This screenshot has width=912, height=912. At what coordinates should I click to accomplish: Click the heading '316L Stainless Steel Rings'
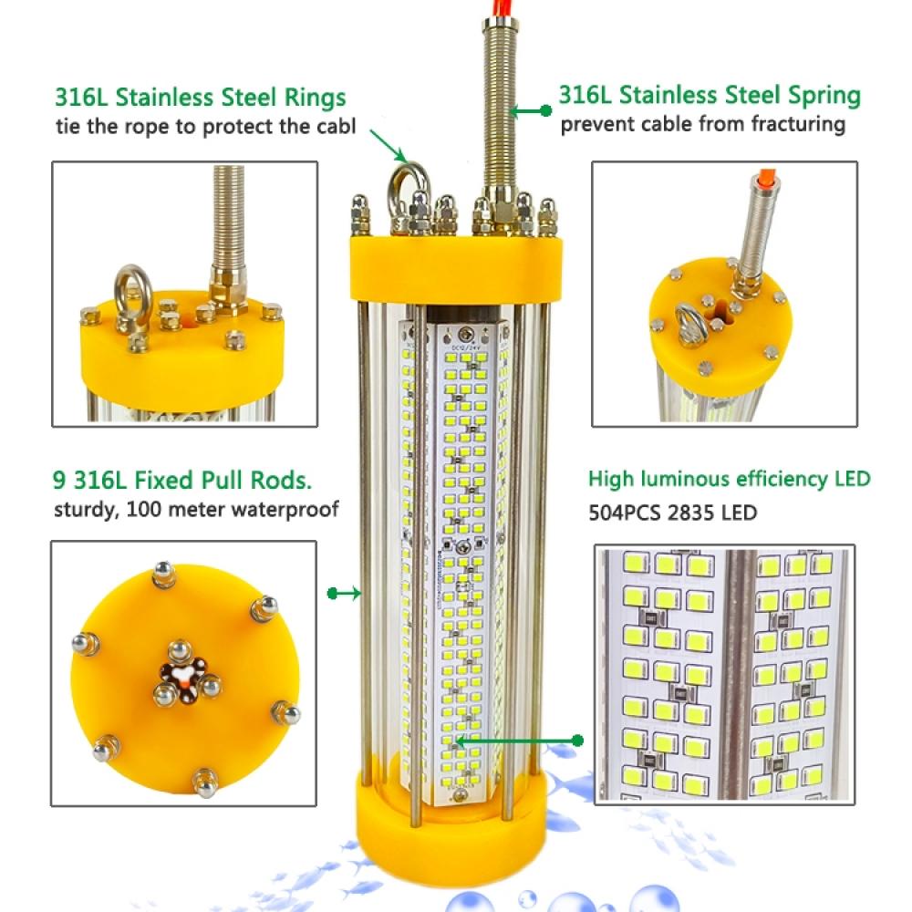(x=200, y=98)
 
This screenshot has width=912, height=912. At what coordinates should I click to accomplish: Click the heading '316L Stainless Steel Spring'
(x=710, y=95)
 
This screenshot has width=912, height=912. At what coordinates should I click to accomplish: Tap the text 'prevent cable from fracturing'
(x=702, y=124)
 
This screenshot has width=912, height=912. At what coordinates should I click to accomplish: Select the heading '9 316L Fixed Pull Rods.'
(x=189, y=481)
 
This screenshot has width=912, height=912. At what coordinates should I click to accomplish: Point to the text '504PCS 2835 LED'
(x=672, y=513)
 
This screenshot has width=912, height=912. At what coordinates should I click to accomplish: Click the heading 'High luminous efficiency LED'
(x=729, y=479)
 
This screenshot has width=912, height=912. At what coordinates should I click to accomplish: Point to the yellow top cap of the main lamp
(x=453, y=269)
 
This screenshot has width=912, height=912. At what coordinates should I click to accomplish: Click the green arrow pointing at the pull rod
(x=344, y=594)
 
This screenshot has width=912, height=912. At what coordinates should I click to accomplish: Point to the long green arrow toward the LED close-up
(x=520, y=740)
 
